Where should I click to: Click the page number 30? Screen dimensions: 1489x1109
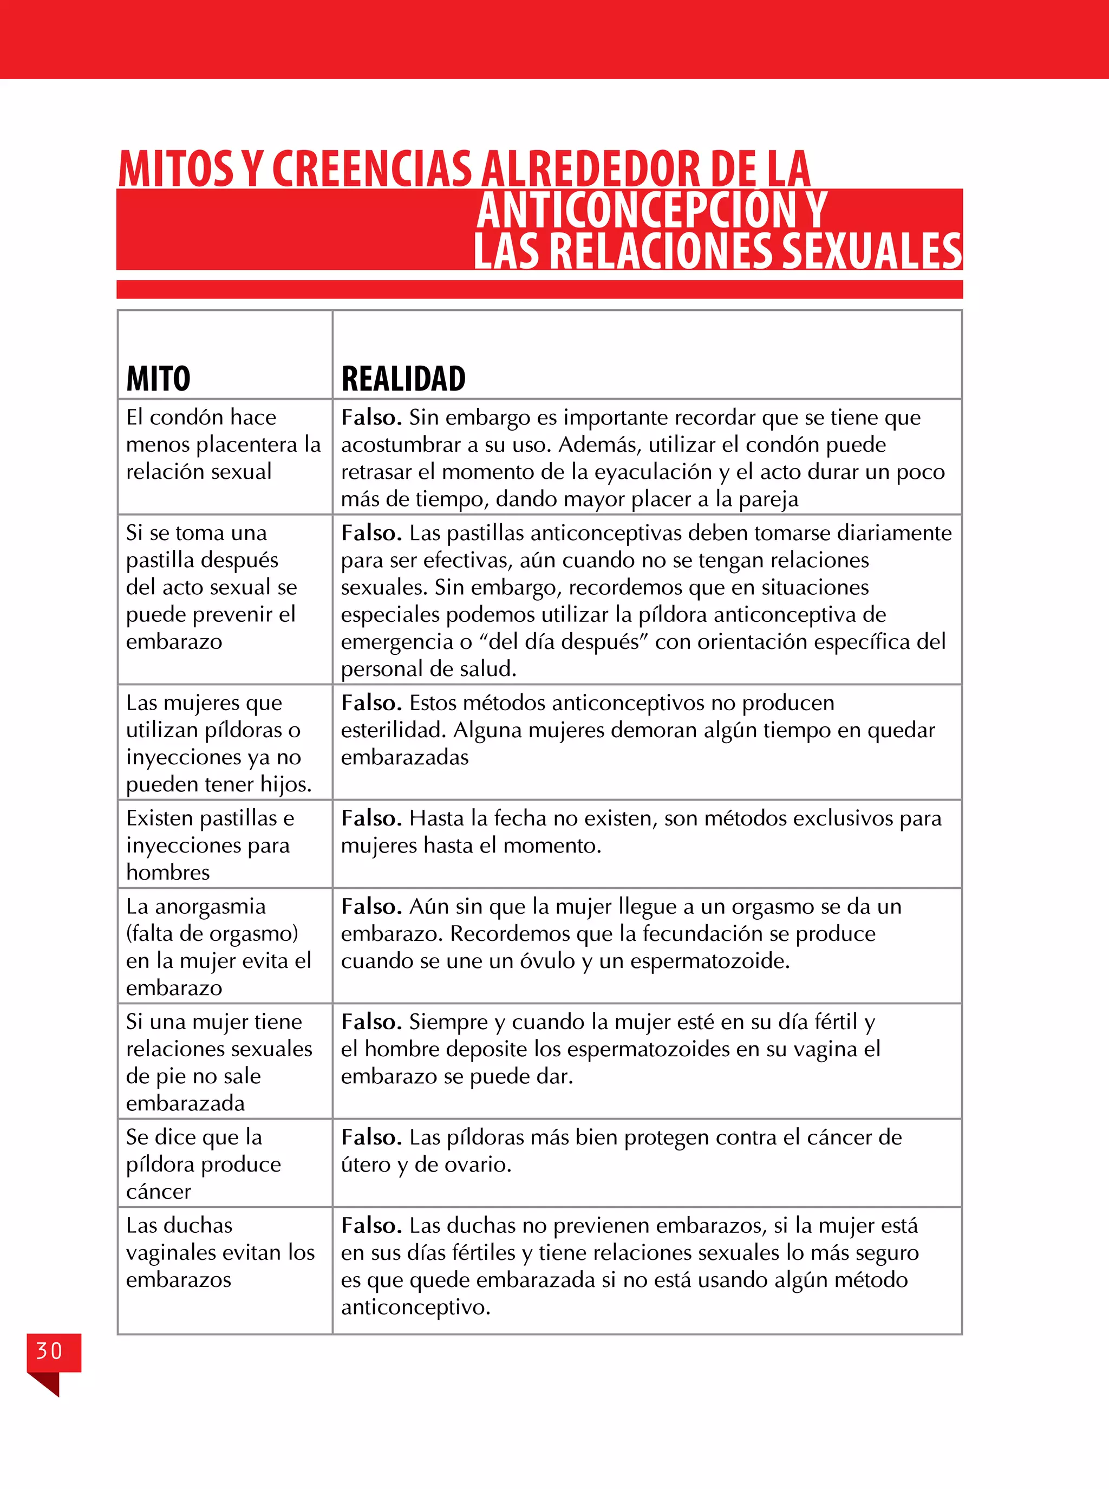(x=49, y=1351)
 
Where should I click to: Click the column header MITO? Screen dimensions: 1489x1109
(x=159, y=379)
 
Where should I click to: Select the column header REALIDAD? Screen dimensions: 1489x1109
(x=403, y=379)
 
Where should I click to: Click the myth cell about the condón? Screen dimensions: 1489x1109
(x=224, y=444)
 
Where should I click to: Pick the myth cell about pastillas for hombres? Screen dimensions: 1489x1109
(x=210, y=844)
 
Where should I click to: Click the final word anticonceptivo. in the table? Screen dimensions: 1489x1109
(x=415, y=1307)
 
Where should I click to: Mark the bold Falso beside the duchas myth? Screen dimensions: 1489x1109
(x=370, y=1225)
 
